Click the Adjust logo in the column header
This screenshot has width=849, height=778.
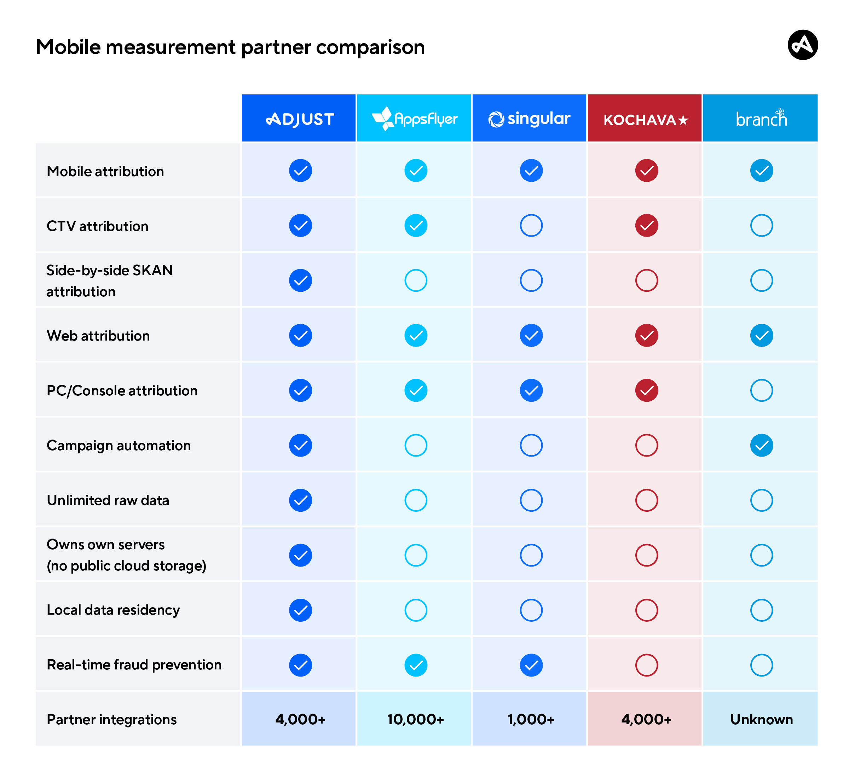(x=300, y=119)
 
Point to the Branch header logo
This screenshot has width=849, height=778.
(x=761, y=119)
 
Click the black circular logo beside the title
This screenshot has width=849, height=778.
(x=803, y=45)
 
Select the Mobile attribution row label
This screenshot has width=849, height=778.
(x=105, y=172)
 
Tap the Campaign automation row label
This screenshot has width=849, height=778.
(x=119, y=446)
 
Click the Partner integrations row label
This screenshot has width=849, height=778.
(x=111, y=720)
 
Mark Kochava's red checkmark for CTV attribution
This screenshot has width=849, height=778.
(x=646, y=226)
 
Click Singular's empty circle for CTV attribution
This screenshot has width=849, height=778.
(x=531, y=226)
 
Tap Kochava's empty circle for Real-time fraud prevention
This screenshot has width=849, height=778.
(x=646, y=665)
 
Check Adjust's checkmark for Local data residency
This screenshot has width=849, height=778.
(x=300, y=610)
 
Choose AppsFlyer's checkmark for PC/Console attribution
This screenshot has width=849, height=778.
(x=416, y=390)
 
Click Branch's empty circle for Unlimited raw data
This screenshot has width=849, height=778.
(x=761, y=500)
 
